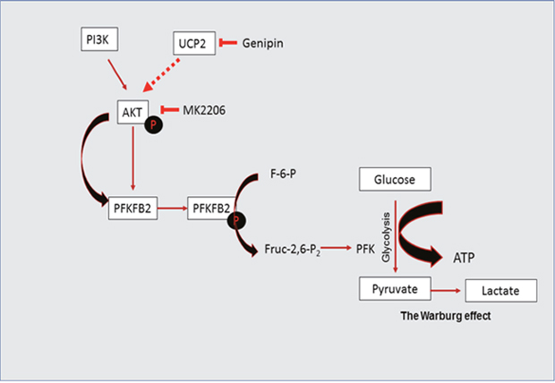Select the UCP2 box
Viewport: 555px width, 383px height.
point(193,43)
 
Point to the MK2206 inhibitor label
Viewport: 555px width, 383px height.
point(205,109)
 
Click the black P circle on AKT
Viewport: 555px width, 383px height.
point(154,124)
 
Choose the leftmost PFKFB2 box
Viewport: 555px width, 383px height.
point(132,210)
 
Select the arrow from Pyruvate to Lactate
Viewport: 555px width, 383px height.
point(447,290)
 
